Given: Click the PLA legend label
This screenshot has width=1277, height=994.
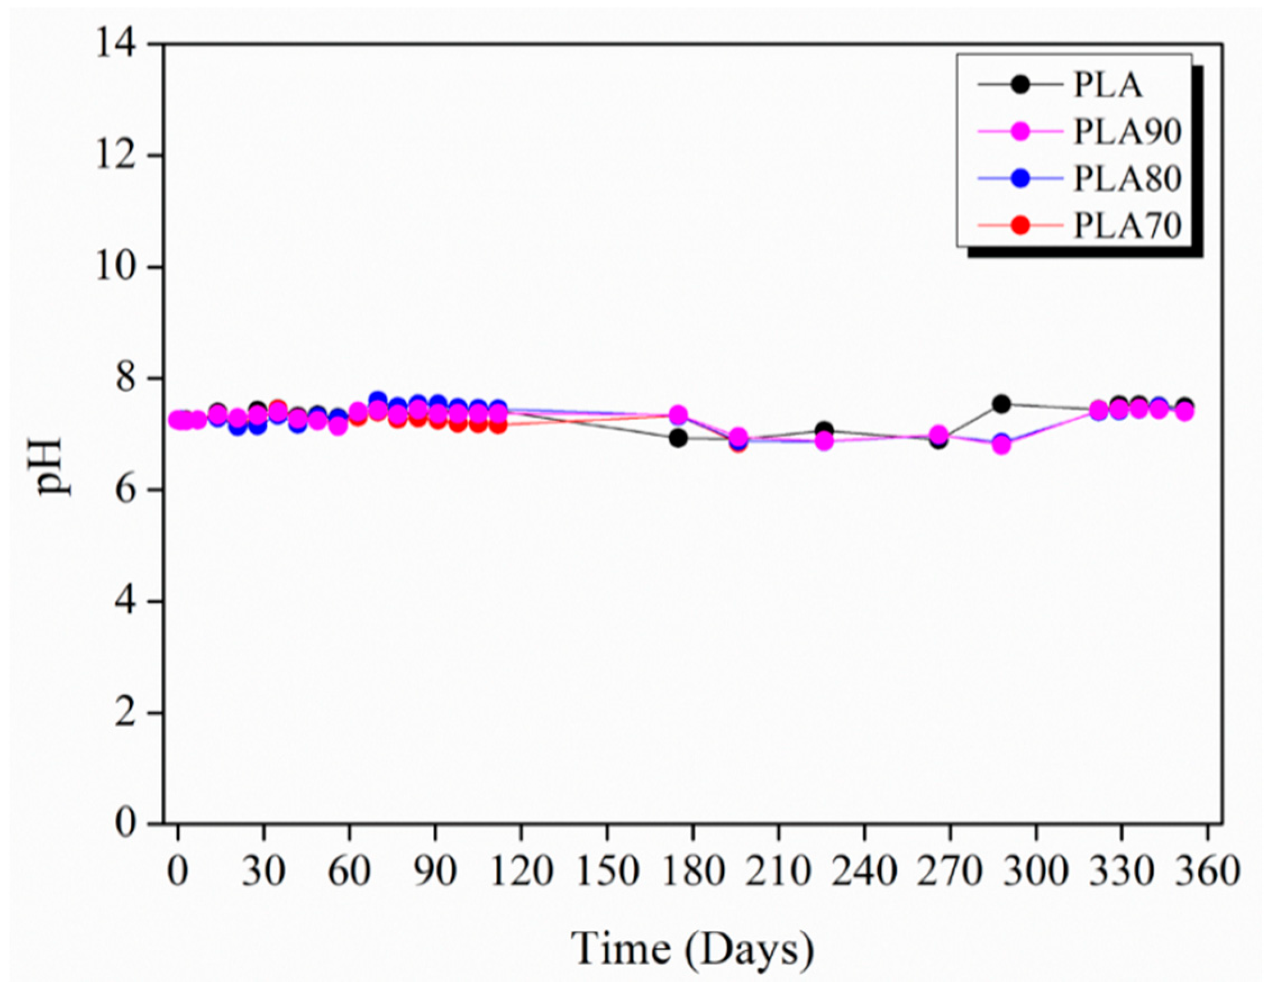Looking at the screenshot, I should click(x=1107, y=85).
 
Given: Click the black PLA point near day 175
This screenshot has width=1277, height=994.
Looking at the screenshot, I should click(x=678, y=438).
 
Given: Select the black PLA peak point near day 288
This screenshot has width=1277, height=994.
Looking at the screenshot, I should click(x=1002, y=403).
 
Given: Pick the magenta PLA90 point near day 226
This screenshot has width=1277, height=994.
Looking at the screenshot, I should click(x=824, y=441).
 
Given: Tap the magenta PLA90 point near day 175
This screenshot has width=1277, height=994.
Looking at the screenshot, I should click(x=678, y=415).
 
